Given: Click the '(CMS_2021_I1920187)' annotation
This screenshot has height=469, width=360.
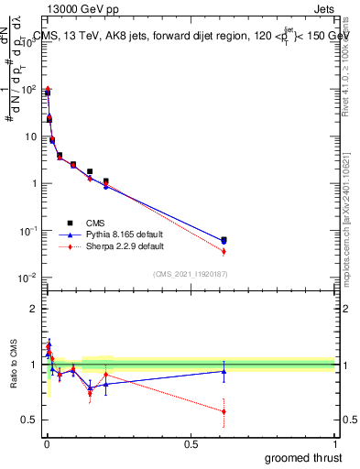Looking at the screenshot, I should pos(190,273).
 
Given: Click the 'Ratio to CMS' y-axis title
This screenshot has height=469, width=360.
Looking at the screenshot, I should pos(14,365).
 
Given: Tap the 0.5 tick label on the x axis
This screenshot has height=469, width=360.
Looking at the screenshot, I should pos(191,443).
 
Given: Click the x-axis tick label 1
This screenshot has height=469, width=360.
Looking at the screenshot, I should pos(334,443).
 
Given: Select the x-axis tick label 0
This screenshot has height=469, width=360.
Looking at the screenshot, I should pos(46,443).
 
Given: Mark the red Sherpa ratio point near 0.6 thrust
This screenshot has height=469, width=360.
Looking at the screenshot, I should pos(224,411).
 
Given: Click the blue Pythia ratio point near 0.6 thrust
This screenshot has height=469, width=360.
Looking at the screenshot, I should pos(224,370).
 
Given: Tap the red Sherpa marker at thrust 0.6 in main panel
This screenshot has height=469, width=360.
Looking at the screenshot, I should pos(224,251).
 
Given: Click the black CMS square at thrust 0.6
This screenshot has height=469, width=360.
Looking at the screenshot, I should pos(224,240).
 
